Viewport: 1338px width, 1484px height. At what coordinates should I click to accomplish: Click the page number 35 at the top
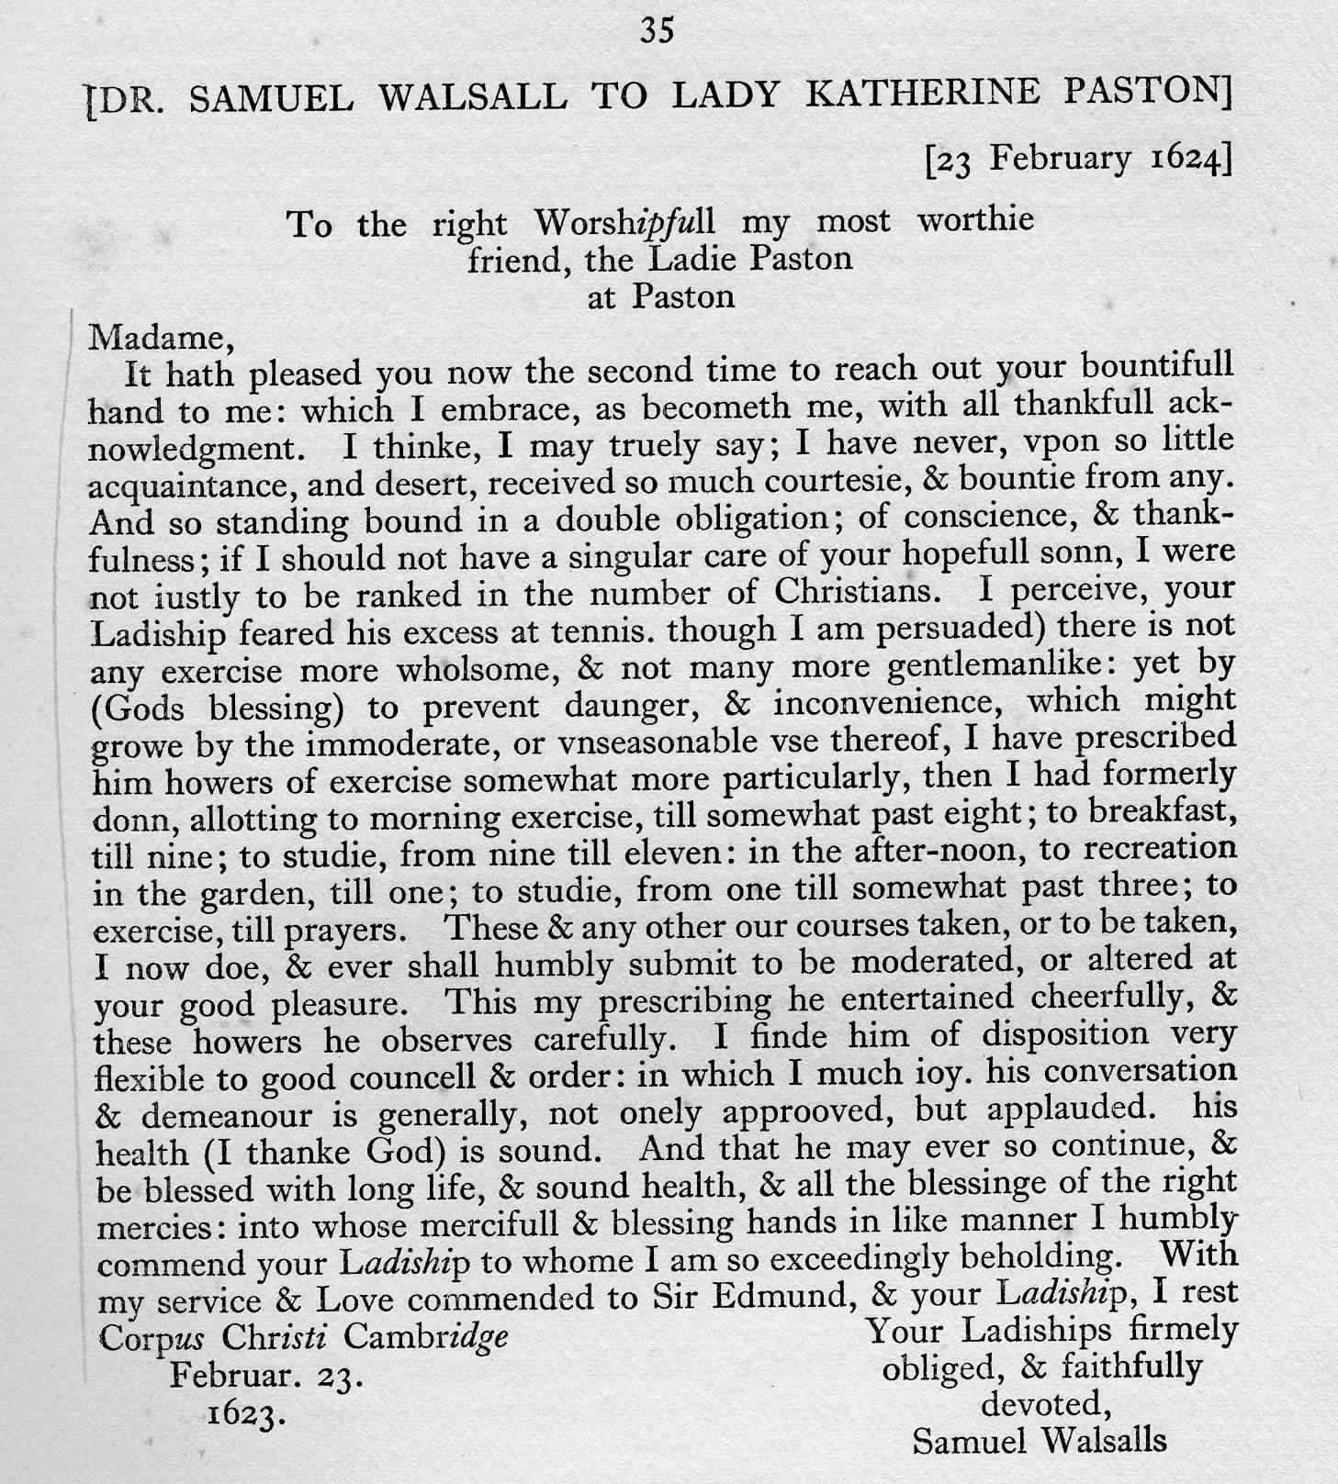(x=658, y=30)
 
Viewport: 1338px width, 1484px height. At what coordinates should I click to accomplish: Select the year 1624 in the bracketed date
(x=1186, y=159)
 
